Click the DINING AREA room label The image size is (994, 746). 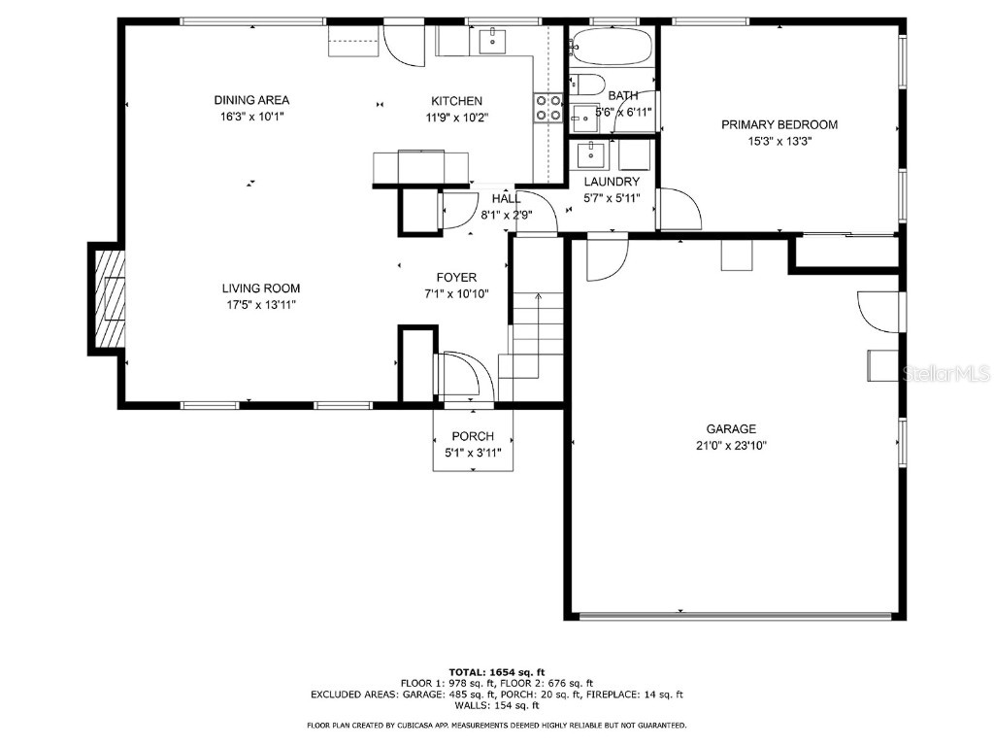251,100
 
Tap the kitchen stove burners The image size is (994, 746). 548,107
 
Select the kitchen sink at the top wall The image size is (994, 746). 492,41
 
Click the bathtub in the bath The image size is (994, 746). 612,46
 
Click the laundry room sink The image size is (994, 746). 592,154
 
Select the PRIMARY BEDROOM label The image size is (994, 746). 779,125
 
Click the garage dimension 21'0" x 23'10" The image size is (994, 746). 731,445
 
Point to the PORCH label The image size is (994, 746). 473,436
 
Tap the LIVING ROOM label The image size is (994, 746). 261,288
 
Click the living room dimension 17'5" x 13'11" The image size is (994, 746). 261,304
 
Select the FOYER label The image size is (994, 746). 456,277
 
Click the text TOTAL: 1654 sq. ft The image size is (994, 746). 497,672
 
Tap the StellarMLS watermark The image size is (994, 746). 945,374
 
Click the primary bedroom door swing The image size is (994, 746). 681,208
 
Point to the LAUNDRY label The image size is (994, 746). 612,182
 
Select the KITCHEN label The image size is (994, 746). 456,101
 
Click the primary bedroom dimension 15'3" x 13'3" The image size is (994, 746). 779,142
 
